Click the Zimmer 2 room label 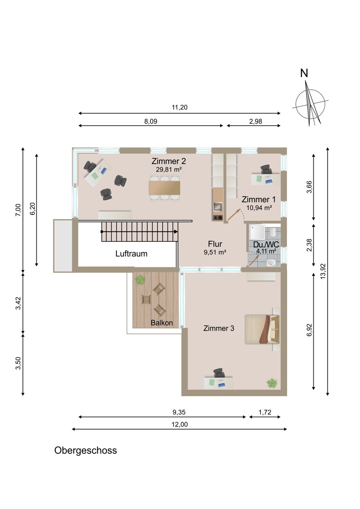click(168, 161)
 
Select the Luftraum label click(131, 254)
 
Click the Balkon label click(162, 323)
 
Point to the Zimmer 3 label click(219, 328)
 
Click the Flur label click(215, 244)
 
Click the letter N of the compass click(304, 73)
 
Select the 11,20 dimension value click(179, 107)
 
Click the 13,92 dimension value click(323, 271)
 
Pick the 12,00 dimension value click(179, 424)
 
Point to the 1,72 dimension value click(265, 412)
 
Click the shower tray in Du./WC click(257, 232)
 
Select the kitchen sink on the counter click(218, 206)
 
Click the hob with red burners click(218, 218)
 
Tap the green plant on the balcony click(140, 280)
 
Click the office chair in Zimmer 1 click(266, 170)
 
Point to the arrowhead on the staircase click(176, 231)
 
